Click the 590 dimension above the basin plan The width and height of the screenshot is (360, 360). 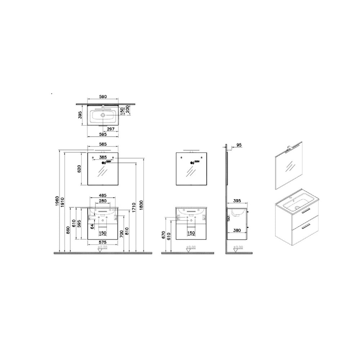coord(103,97)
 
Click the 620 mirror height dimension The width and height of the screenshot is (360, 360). coord(81,169)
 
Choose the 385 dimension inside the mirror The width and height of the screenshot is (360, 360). coord(103,157)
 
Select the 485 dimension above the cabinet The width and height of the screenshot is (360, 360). coord(103,195)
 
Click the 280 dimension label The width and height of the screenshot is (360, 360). coord(103,201)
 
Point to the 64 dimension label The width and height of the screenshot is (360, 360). coord(92,226)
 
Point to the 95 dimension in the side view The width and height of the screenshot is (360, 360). coord(239,145)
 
